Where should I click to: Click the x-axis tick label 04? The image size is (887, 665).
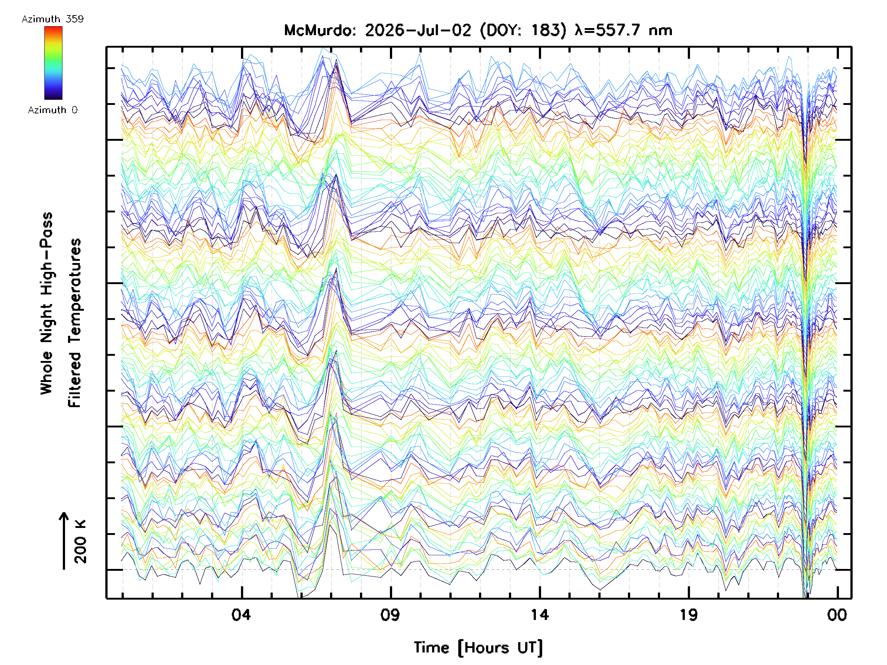[x=241, y=614]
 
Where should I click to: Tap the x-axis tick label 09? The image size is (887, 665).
[x=390, y=614]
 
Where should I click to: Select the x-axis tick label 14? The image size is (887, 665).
[x=540, y=614]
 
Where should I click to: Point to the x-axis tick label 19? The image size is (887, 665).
[x=689, y=614]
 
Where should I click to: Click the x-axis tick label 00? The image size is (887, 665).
[x=837, y=614]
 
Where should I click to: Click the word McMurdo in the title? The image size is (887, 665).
[x=320, y=30]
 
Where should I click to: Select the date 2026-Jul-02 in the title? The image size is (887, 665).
[x=418, y=30]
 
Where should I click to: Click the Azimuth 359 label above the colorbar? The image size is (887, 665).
[x=52, y=19]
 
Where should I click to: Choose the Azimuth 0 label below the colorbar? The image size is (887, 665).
[x=52, y=110]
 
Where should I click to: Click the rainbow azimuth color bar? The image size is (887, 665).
[x=53, y=63]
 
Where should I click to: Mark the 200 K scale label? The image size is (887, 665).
[x=80, y=541]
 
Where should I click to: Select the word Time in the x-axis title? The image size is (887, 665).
[x=431, y=647]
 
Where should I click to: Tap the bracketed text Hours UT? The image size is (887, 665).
[x=500, y=648]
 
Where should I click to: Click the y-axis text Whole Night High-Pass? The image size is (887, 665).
[x=47, y=303]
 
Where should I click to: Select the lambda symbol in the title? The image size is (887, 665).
[x=580, y=30]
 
